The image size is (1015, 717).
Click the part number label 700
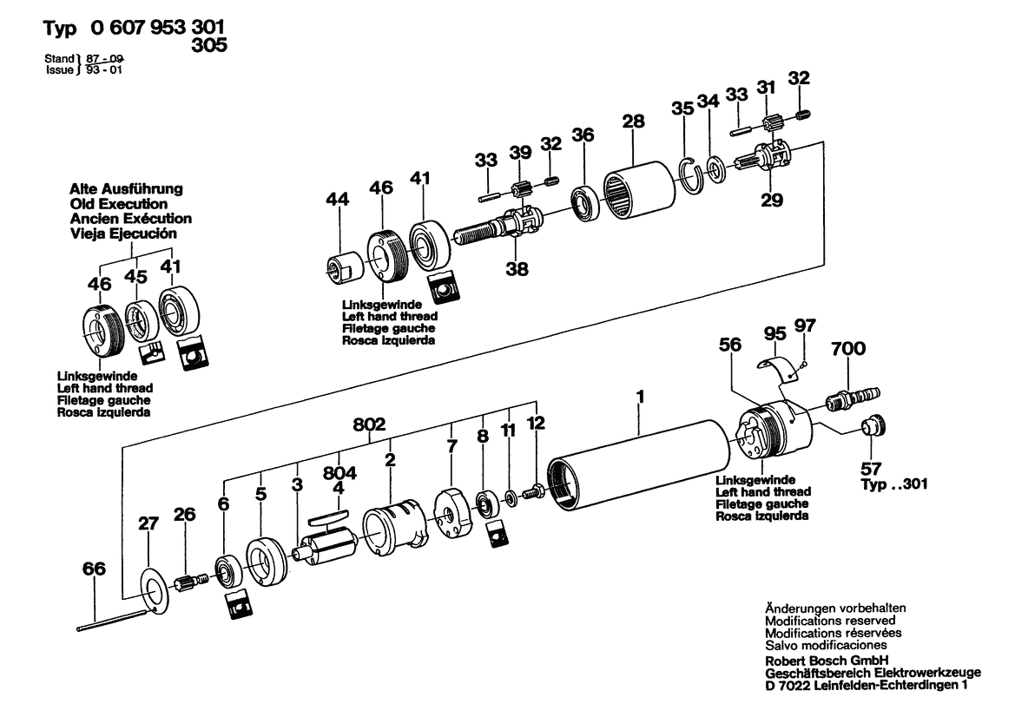(x=848, y=349)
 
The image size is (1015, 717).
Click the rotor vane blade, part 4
(x=326, y=515)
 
